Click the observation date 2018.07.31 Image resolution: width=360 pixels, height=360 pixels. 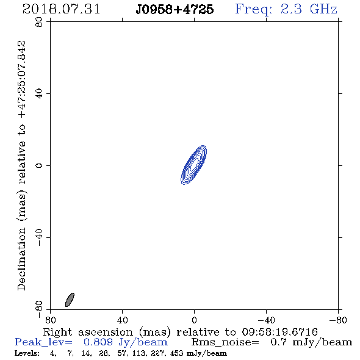[61, 9]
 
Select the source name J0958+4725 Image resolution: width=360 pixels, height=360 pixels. [175, 9]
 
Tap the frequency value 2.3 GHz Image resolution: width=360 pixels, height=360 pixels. [309, 9]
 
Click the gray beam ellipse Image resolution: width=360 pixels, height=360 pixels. [70, 300]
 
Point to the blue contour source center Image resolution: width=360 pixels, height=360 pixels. [194, 165]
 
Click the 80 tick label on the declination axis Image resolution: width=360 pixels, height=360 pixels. [39, 22]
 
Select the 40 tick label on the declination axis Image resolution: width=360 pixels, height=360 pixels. [39, 94]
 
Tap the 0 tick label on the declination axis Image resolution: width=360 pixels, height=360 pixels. [39, 165]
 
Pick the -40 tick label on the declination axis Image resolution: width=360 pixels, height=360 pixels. [39, 237]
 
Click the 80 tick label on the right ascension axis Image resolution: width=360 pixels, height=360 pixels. [50, 320]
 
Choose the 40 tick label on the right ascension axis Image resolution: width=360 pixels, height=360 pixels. [123, 320]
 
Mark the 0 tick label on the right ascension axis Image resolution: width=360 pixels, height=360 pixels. [194, 320]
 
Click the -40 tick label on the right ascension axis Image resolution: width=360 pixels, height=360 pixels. [266, 320]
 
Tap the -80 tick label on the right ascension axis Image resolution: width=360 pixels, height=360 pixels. [338, 320]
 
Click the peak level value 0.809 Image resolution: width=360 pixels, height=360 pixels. [98, 342]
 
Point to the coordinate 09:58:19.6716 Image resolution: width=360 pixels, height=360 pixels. [279, 332]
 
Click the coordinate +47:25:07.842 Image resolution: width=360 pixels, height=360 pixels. [22, 80]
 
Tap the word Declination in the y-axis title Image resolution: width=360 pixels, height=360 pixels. [22, 259]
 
